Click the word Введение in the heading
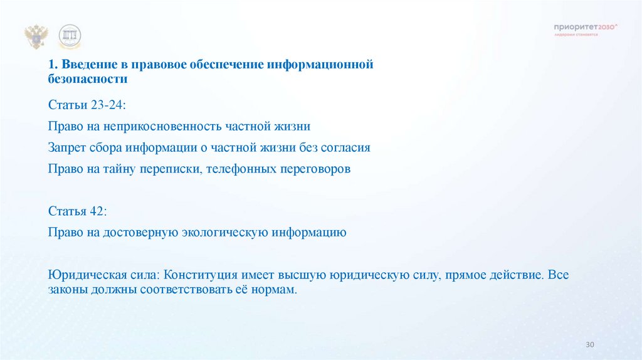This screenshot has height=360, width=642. click(84, 65)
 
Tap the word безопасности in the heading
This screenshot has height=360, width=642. click(87, 80)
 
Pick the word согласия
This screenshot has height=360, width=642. click(347, 148)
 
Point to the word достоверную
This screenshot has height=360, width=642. click(147, 232)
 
